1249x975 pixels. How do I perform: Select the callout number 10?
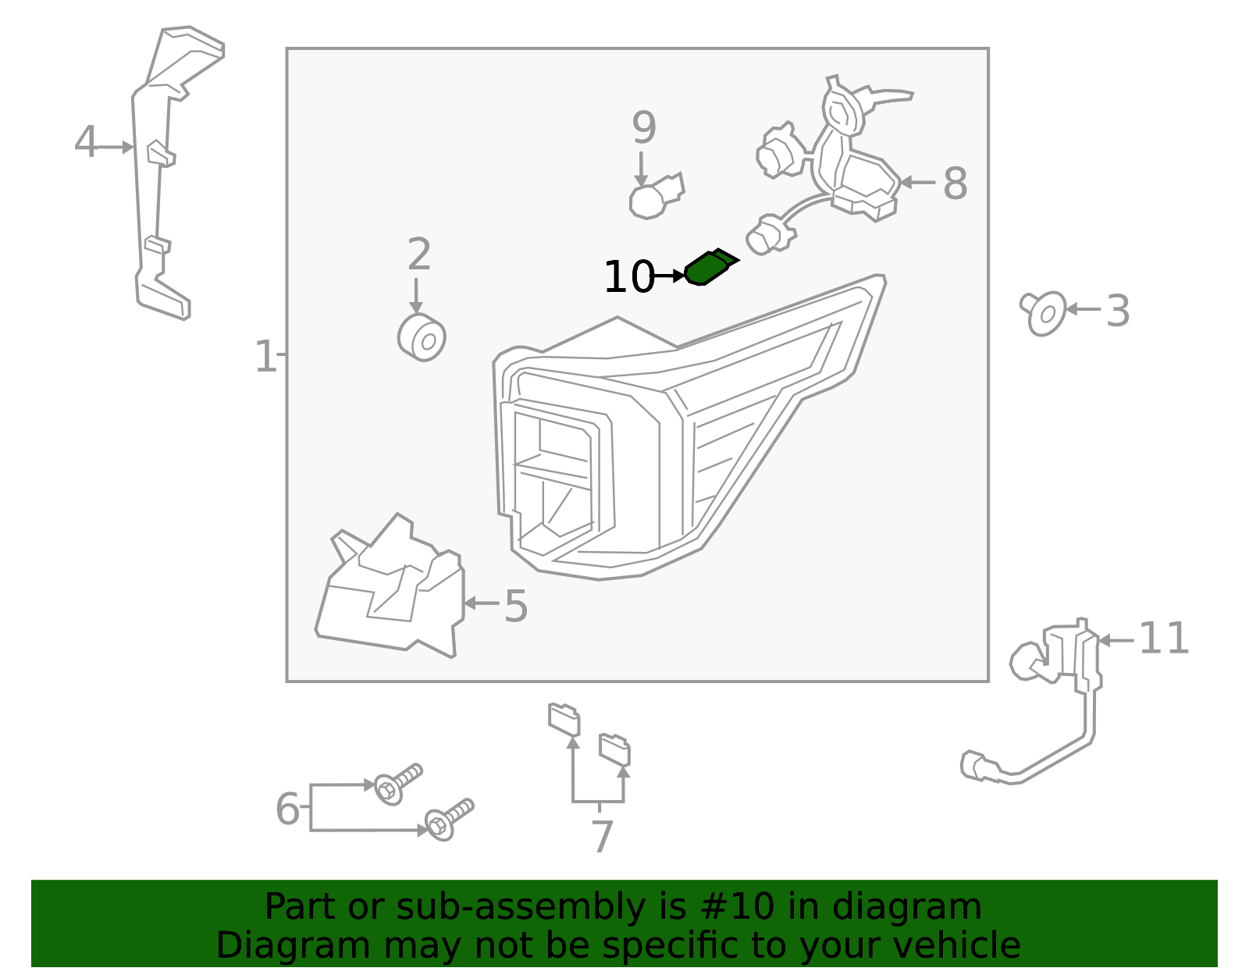(x=629, y=277)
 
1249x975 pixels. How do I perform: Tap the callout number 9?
(x=644, y=127)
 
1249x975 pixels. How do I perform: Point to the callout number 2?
(x=419, y=254)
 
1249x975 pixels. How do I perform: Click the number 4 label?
(x=86, y=142)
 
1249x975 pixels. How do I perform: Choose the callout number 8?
(x=955, y=184)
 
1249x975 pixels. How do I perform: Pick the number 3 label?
(x=1118, y=311)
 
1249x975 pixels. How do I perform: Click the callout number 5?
(x=515, y=606)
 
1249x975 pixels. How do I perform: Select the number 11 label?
(x=1163, y=638)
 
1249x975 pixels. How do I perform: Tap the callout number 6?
(x=287, y=809)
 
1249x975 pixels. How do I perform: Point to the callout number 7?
(x=603, y=837)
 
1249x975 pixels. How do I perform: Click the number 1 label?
(x=265, y=356)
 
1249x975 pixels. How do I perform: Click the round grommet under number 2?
(x=422, y=337)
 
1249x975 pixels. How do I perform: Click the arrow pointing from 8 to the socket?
(x=917, y=183)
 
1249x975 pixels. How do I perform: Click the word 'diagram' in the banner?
(x=906, y=907)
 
